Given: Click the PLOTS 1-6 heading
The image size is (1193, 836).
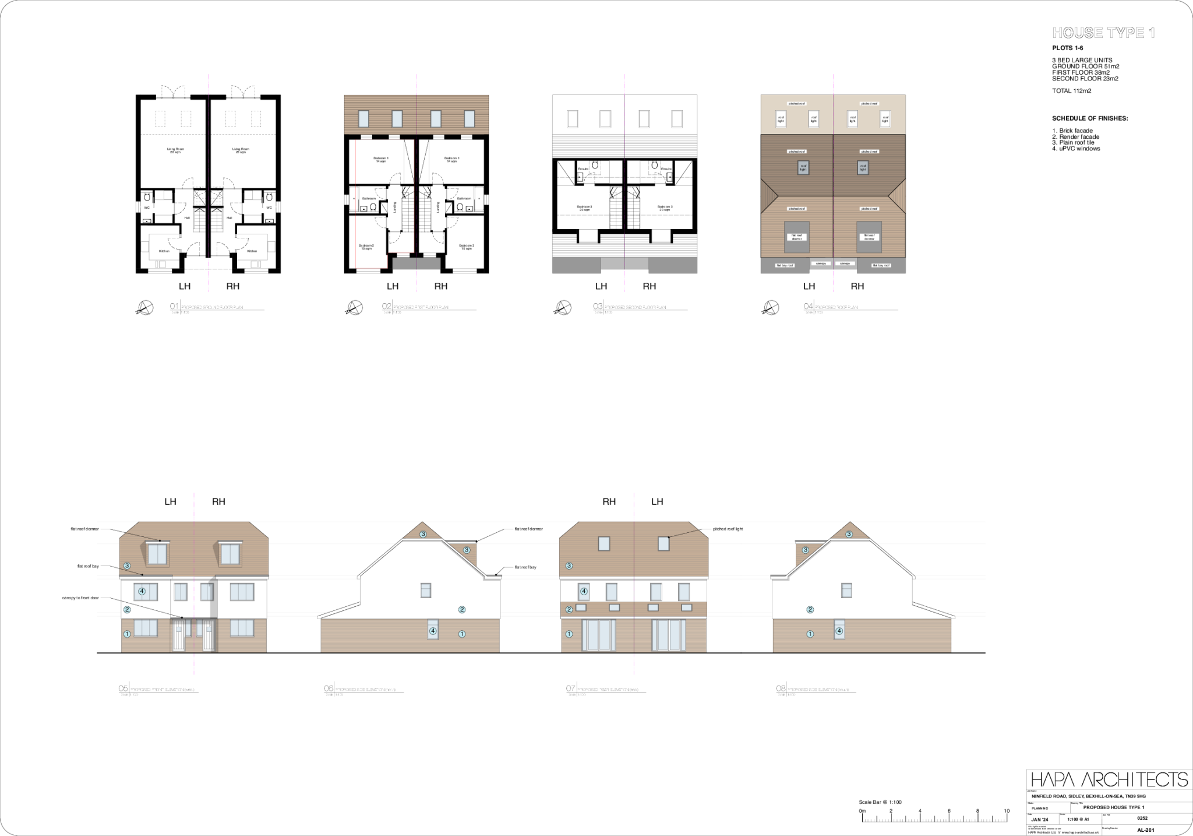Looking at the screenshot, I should pos(1067,48).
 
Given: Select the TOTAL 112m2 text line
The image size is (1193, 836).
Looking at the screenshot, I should pos(1071,91).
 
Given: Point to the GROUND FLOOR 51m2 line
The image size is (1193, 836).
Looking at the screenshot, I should pos(1085,66).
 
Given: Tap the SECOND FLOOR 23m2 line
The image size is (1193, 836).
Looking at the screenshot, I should pos(1085,79).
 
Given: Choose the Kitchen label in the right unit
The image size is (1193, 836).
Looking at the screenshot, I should pos(252,251).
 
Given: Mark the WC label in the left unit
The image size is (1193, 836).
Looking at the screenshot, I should pos(147,208).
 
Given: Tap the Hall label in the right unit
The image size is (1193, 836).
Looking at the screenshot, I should pos(229,218).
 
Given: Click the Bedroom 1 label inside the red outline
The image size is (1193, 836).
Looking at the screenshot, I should pos(381,160).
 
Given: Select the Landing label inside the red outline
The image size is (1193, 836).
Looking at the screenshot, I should pos(395,207).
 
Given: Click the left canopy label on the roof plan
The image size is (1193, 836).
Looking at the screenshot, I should pos(821,264).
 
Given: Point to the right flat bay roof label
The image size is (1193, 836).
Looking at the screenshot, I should pos(881,265).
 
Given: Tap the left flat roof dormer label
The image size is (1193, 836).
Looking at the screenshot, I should pos(796,237).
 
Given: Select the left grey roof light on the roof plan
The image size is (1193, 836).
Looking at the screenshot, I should pos(804,168).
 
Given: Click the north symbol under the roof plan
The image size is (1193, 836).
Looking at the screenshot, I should pos(771,307).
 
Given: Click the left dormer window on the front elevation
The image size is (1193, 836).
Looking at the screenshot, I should pos(157,553).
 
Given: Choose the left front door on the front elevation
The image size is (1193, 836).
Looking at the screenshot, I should pos(179,635).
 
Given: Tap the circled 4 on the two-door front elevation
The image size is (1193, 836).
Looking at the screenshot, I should pos(142,592).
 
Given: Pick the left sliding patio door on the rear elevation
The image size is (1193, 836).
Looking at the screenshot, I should pos(598,635).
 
